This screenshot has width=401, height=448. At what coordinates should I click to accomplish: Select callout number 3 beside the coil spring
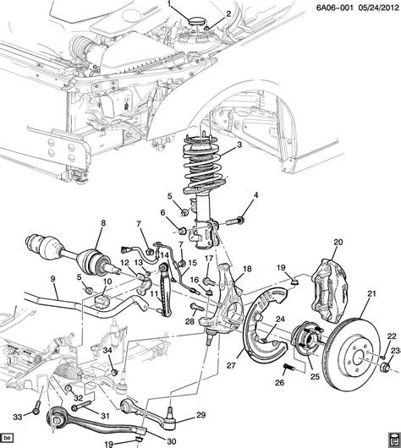(x=240, y=145)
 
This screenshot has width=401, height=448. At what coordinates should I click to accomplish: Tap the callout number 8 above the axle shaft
(x=102, y=223)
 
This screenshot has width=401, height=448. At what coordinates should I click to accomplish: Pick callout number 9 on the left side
(x=52, y=280)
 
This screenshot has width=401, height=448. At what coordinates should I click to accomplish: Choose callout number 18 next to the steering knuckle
(x=248, y=269)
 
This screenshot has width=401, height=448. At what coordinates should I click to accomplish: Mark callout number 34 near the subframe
(x=107, y=349)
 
